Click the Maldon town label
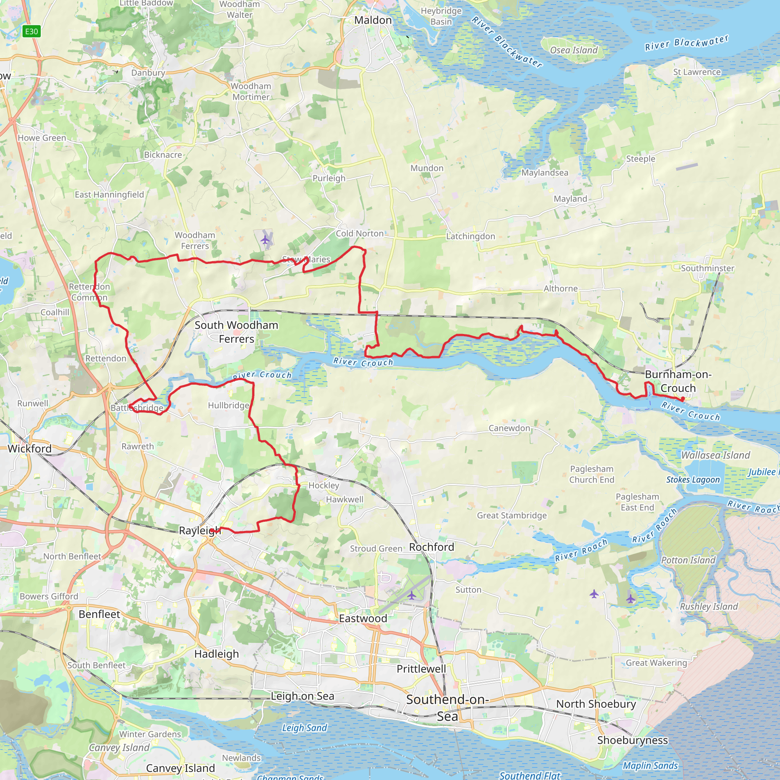[372, 20]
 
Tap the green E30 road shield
[32, 32]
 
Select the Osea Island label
[574, 50]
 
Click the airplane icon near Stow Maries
[265, 240]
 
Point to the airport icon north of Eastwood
[411, 595]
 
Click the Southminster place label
[707, 268]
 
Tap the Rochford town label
[432, 547]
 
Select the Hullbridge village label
[229, 405]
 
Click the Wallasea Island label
[715, 455]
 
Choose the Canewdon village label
[509, 428]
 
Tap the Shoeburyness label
[632, 740]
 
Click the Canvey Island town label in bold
[180, 767]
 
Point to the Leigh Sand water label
[304, 727]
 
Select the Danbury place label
[148, 73]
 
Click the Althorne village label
[560, 288]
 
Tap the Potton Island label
[688, 560]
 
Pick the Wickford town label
[29, 449]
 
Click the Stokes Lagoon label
[693, 480]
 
